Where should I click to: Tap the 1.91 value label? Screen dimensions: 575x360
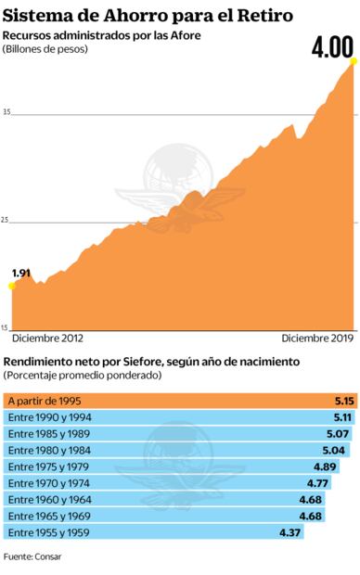[x=21, y=273]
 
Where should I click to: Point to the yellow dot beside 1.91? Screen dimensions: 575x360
[x=11, y=286]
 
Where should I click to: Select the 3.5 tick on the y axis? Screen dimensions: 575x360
[x=7, y=112]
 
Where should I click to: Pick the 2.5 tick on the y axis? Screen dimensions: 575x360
[x=7, y=220]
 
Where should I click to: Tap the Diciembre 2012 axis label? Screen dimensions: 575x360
[x=46, y=339]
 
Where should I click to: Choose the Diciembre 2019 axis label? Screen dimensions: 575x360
[x=317, y=339]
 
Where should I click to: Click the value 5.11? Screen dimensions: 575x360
[x=342, y=417]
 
